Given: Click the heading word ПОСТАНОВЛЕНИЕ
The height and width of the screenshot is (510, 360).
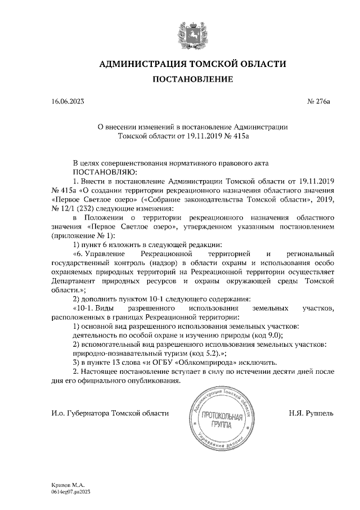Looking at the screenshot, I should tap(193, 80).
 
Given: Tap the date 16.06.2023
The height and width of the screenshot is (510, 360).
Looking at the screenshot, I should tap(67, 102).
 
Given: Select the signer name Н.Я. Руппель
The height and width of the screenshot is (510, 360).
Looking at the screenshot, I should tap(310, 413).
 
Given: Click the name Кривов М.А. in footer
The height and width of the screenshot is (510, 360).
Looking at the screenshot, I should tap(67, 484).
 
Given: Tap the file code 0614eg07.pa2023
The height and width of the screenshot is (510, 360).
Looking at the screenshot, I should tap(71, 491).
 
